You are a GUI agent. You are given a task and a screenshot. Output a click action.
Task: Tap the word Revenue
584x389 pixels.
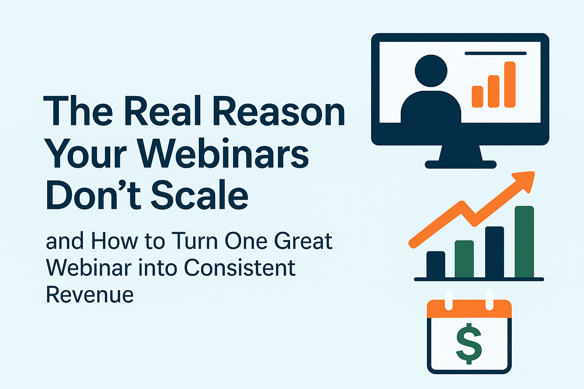pyautogui.click(x=90, y=294)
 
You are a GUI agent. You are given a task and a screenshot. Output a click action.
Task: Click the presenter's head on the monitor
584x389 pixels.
pyautogui.click(x=431, y=71)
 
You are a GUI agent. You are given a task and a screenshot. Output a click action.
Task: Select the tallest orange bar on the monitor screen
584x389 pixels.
pyautogui.click(x=509, y=84)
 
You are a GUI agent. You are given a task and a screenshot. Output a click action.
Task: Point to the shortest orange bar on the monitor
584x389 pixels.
pyautogui.click(x=477, y=96)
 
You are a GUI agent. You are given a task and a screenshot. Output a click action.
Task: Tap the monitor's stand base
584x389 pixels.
pyautogui.click(x=460, y=164)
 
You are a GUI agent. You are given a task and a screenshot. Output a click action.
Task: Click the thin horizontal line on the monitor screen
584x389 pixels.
pyautogui.click(x=495, y=54)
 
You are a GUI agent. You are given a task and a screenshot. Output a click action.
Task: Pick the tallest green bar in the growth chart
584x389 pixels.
pyautogui.click(x=524, y=242)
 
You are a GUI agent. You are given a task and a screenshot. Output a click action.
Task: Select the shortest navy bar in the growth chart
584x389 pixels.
pyautogui.click(x=436, y=264)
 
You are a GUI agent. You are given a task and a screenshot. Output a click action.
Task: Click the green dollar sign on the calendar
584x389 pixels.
pyautogui.click(x=469, y=343)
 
